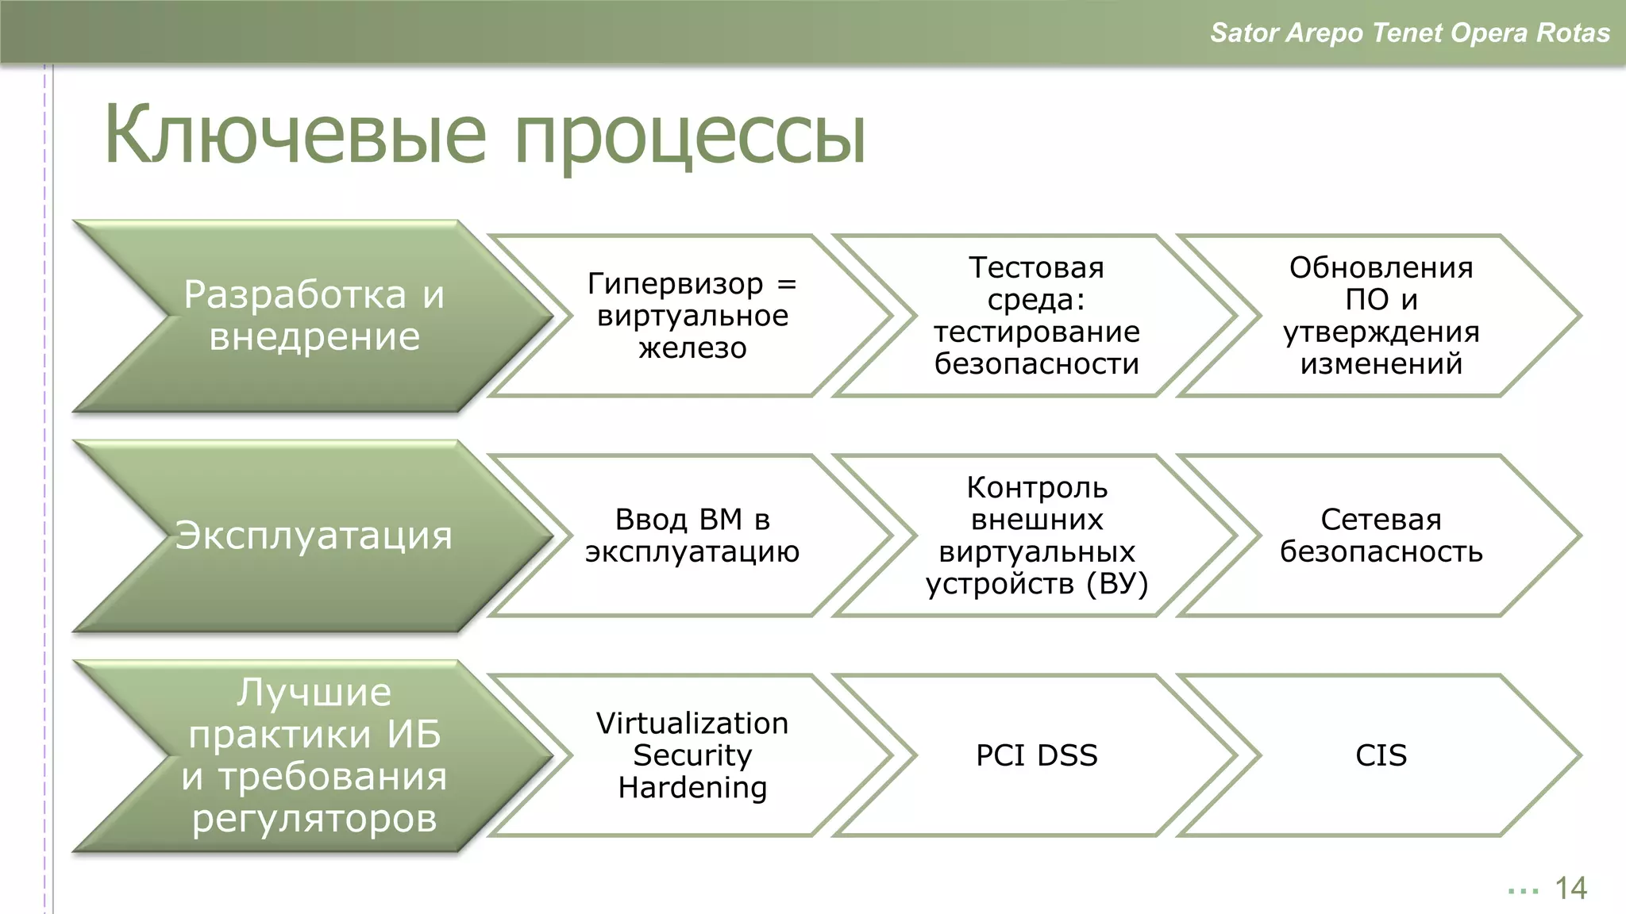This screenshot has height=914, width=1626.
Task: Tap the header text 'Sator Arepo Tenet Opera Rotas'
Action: click(x=1409, y=33)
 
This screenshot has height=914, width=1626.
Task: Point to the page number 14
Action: click(x=1570, y=889)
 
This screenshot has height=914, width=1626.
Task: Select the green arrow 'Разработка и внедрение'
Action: click(x=314, y=316)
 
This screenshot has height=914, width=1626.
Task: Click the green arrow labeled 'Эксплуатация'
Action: click(x=314, y=536)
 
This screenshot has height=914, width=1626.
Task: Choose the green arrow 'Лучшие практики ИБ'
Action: click(x=314, y=755)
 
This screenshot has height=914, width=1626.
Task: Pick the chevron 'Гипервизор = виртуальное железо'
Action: click(x=692, y=316)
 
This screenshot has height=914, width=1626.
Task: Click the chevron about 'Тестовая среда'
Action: click(x=1036, y=316)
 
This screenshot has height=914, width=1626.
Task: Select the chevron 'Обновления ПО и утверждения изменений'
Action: click(x=1381, y=316)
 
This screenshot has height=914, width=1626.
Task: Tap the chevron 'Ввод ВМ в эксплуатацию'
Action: click(x=692, y=536)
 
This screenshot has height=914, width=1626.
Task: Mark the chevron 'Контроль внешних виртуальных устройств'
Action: click(x=1036, y=536)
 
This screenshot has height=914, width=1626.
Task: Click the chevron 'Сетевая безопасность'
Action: click(x=1381, y=536)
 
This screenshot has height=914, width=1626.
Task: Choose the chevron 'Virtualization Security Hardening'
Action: click(x=692, y=755)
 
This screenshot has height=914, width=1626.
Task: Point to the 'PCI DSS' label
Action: click(x=1036, y=755)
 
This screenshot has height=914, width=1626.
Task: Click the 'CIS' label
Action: click(x=1381, y=755)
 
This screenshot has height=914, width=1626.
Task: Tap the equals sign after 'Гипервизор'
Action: click(x=786, y=284)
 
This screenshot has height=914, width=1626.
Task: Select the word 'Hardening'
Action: click(x=692, y=788)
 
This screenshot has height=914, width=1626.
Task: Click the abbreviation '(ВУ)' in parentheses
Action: click(x=1118, y=584)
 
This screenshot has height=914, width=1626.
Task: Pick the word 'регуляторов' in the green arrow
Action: click(x=314, y=818)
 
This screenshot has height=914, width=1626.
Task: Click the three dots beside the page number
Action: click(x=1523, y=891)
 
